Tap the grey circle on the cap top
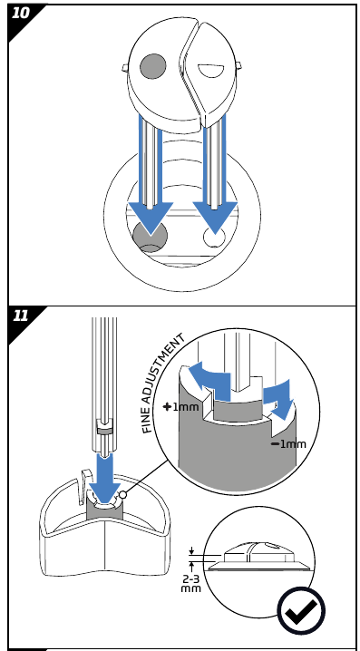(153, 65)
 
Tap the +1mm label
(181, 407)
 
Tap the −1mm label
(288, 444)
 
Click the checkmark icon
(301, 611)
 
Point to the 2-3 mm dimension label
(191, 582)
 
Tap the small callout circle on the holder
(123, 494)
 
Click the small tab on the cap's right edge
(238, 66)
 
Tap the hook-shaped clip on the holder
(84, 483)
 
